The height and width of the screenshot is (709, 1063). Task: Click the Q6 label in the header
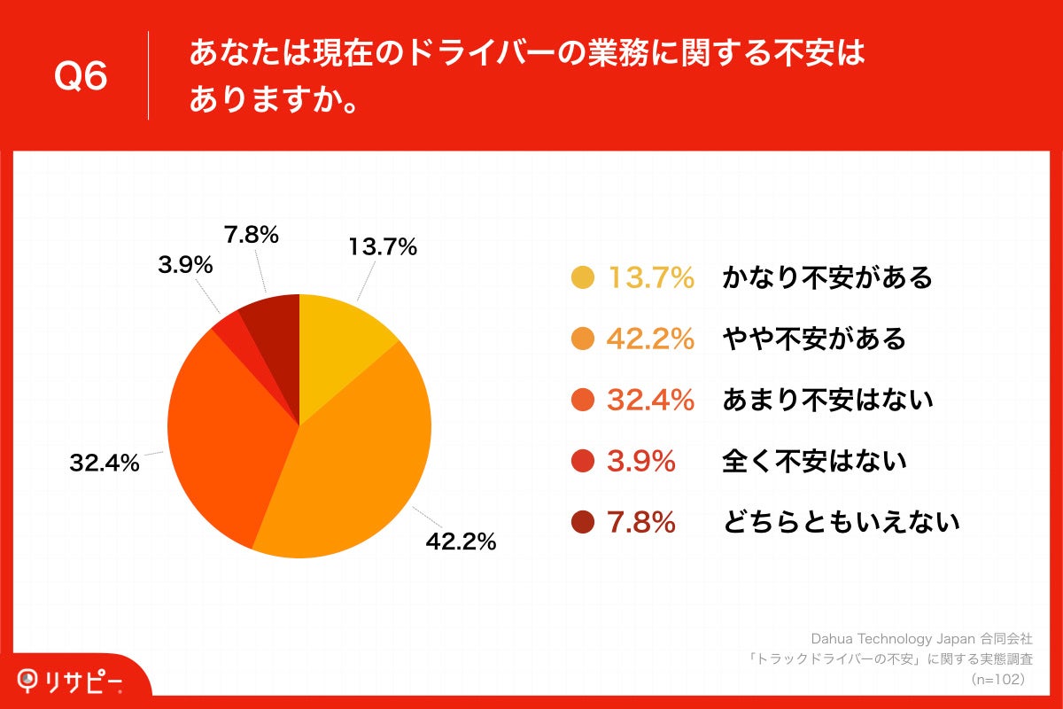coord(81,76)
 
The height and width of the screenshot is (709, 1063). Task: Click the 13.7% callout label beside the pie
coord(383,248)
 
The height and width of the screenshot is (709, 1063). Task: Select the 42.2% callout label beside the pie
coord(461,541)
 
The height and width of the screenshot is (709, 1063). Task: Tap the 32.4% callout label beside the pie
coord(105,462)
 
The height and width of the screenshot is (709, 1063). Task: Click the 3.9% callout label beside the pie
coord(185,264)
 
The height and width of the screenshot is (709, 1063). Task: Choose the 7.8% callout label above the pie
coord(252,235)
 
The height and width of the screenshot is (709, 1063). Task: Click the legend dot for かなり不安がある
coord(583,278)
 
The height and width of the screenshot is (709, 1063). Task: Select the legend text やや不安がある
coord(814,339)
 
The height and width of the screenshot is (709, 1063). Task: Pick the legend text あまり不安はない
coord(827,401)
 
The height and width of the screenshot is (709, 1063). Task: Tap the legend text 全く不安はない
coord(814,461)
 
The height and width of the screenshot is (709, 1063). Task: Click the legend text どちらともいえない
coord(841,523)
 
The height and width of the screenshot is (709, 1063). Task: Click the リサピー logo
coord(71,681)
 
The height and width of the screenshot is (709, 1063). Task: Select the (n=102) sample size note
coord(997,679)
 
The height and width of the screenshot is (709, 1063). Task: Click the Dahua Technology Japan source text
coord(921,638)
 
